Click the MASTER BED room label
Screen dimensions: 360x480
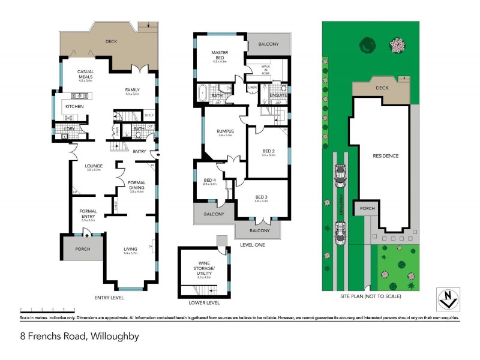[220, 53]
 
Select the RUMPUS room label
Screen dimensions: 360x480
[225, 131]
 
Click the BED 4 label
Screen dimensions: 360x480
[209, 181]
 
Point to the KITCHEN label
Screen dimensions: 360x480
[74, 106]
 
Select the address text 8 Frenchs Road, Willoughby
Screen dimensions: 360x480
[80, 336]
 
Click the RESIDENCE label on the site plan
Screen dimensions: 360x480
[385, 156]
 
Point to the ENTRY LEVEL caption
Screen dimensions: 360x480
[109, 297]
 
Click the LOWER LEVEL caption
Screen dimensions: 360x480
[205, 302]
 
